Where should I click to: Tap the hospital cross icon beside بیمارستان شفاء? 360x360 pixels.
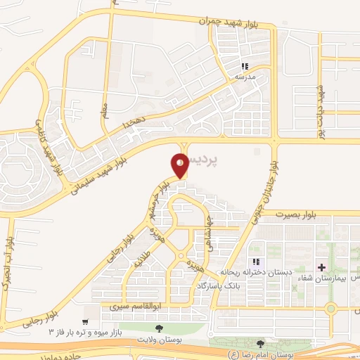pos(321,267)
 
